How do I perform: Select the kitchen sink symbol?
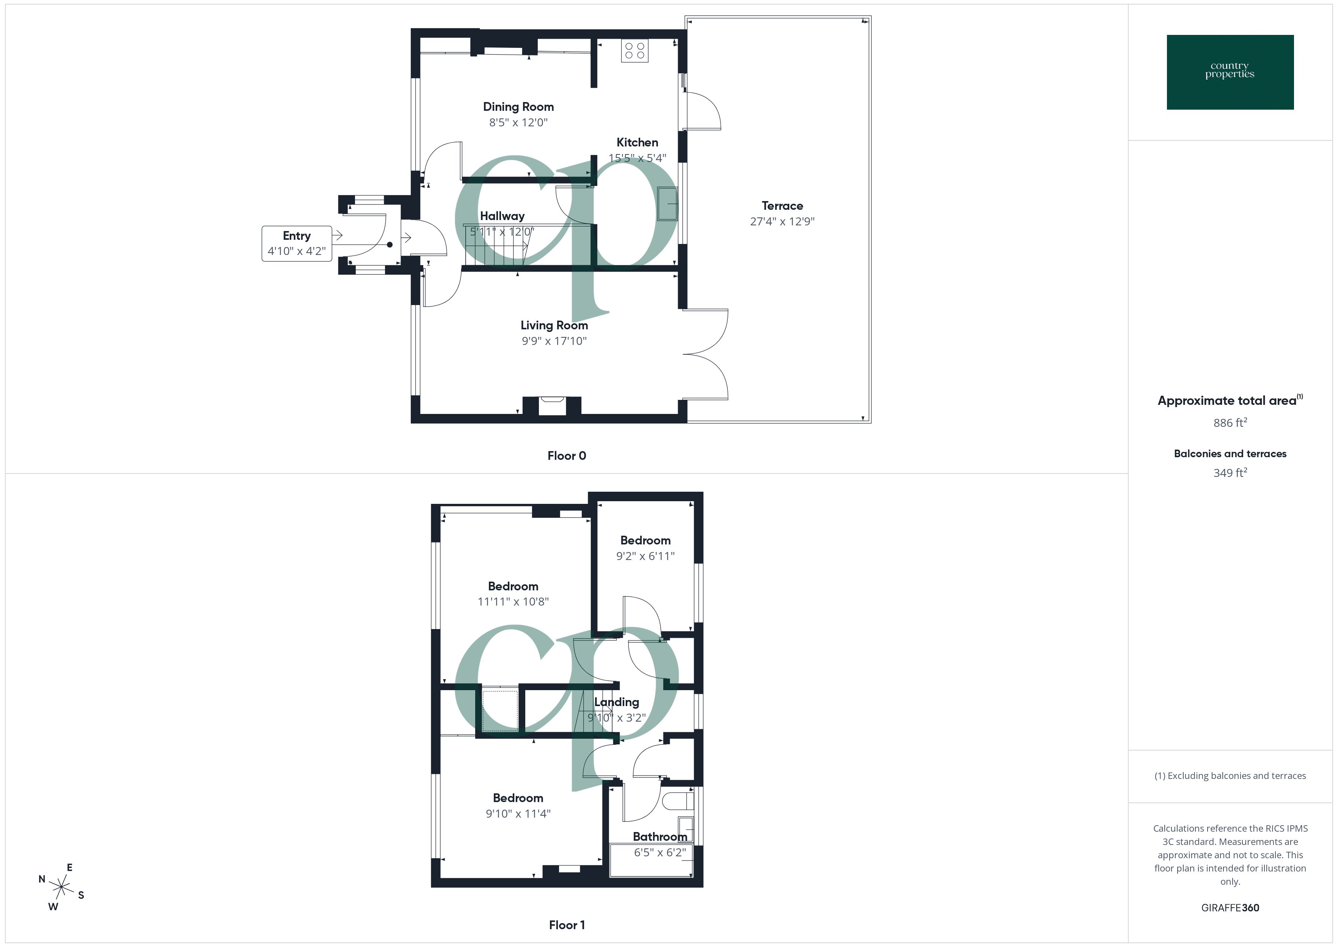point(668,203)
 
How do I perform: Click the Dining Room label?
point(518,107)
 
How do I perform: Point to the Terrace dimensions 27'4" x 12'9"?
point(782,222)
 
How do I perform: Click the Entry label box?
point(297,243)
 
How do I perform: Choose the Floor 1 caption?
point(567,925)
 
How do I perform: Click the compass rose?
point(61,887)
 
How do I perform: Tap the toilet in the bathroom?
point(679,801)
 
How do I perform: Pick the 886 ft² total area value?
point(1230,423)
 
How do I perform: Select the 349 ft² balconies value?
point(1230,473)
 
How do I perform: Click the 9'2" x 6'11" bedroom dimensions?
point(645,556)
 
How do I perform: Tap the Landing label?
point(617,702)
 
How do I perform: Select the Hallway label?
point(502,216)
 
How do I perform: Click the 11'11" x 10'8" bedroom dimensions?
point(513,602)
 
